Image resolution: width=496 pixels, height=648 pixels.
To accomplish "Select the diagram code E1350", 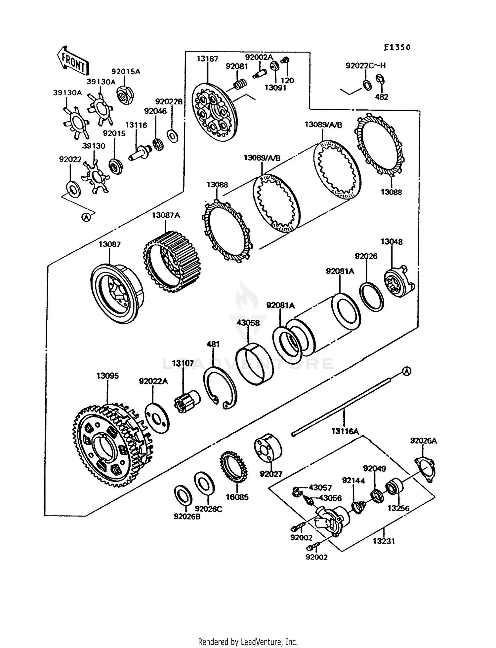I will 397,47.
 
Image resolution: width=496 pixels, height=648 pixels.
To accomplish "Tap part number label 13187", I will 207,59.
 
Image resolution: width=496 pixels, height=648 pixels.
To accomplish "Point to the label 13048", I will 392,242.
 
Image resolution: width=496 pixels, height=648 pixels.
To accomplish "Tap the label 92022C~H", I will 366,65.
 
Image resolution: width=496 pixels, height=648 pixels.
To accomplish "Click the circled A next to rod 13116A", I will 407,371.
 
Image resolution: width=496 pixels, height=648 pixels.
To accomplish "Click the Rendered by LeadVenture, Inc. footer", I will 248,642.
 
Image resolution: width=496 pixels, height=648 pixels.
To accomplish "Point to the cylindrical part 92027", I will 268,449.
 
